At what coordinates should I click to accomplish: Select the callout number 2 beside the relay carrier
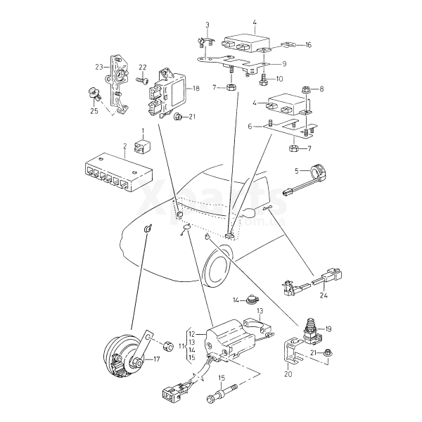[124, 147]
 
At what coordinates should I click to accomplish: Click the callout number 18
[196, 89]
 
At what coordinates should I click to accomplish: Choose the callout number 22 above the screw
[142, 68]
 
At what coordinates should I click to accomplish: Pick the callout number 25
[94, 111]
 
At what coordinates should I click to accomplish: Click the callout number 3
[208, 25]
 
